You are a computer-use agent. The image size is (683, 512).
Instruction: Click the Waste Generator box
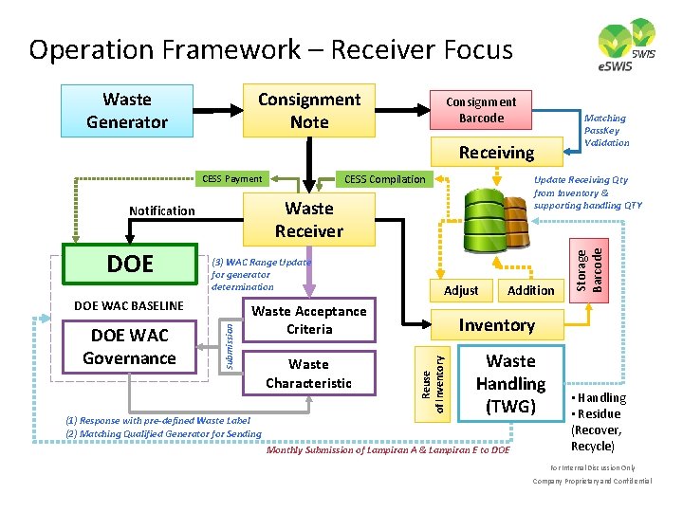(x=126, y=111)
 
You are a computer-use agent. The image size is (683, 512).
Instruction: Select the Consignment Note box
(x=308, y=111)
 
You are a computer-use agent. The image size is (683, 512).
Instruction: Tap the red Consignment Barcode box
(x=481, y=110)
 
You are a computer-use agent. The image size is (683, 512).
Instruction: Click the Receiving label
(x=496, y=153)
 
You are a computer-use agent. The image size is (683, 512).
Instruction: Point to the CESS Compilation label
(x=384, y=178)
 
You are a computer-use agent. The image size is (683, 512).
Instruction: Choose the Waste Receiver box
(x=308, y=219)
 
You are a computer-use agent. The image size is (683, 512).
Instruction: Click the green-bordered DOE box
(x=129, y=264)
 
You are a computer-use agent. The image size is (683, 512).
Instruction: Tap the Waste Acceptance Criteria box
(x=308, y=320)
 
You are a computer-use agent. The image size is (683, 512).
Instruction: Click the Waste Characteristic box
(x=308, y=373)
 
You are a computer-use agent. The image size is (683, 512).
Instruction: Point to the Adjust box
(x=461, y=290)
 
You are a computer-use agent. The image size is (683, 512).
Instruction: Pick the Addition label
(x=530, y=290)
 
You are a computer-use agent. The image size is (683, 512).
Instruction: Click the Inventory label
(x=496, y=325)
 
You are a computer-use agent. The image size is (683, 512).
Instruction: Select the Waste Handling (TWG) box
(x=510, y=384)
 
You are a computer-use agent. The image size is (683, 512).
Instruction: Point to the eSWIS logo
(x=627, y=46)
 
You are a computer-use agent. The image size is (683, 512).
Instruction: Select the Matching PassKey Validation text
(x=606, y=131)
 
